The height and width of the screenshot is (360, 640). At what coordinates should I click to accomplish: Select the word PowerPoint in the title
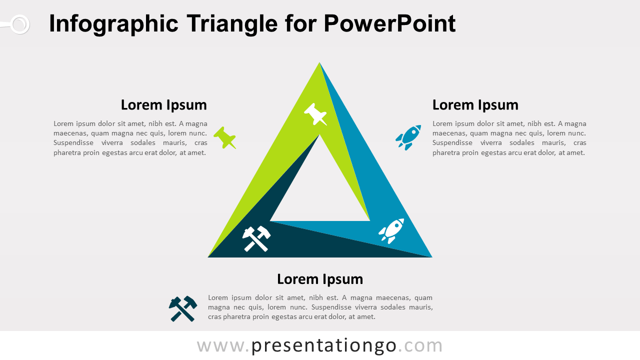389,24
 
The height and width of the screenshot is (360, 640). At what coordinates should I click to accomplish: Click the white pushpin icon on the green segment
315,114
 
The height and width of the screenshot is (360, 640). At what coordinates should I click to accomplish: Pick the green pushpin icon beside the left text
225,137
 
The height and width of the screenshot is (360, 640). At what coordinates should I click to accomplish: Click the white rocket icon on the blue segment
391,231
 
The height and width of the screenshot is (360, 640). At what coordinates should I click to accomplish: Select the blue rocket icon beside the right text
408,137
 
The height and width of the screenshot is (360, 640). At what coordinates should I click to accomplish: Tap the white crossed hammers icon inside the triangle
256,238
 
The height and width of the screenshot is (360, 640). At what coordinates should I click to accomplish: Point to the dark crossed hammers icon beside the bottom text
183,308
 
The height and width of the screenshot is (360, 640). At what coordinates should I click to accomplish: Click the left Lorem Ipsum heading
163,105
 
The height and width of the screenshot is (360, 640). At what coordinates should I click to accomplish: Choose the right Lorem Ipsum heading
475,105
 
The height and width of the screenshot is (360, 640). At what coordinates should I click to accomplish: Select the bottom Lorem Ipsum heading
320,279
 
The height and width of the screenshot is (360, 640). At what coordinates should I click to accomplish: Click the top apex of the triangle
319,63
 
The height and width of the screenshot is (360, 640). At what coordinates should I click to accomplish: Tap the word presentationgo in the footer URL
324,345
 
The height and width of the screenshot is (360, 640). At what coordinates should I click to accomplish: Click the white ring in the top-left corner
19,24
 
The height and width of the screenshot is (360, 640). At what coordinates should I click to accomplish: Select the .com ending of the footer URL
420,345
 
